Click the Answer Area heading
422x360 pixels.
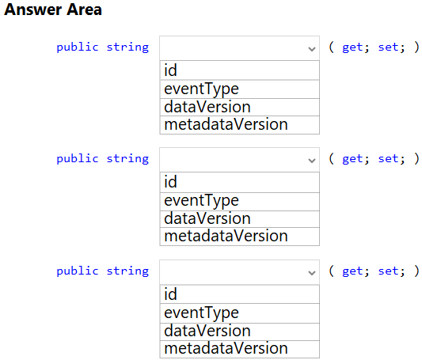53,9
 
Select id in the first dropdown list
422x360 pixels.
240,70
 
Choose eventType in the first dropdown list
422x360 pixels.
240,89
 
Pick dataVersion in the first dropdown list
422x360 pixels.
240,107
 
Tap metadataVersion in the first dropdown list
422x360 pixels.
240,125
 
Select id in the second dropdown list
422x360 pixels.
240,182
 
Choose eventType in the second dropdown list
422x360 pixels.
240,202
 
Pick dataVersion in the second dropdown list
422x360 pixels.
240,219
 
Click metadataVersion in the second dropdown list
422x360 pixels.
240,237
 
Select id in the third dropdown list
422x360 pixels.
240,294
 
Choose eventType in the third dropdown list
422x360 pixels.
240,313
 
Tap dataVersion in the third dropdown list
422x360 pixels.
240,332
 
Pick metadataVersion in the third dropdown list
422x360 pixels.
240,349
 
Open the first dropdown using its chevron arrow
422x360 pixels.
312,49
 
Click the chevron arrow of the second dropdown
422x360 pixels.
312,161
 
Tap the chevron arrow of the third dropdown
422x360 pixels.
312,273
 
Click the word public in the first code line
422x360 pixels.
78,47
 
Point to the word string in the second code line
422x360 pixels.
127,159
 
